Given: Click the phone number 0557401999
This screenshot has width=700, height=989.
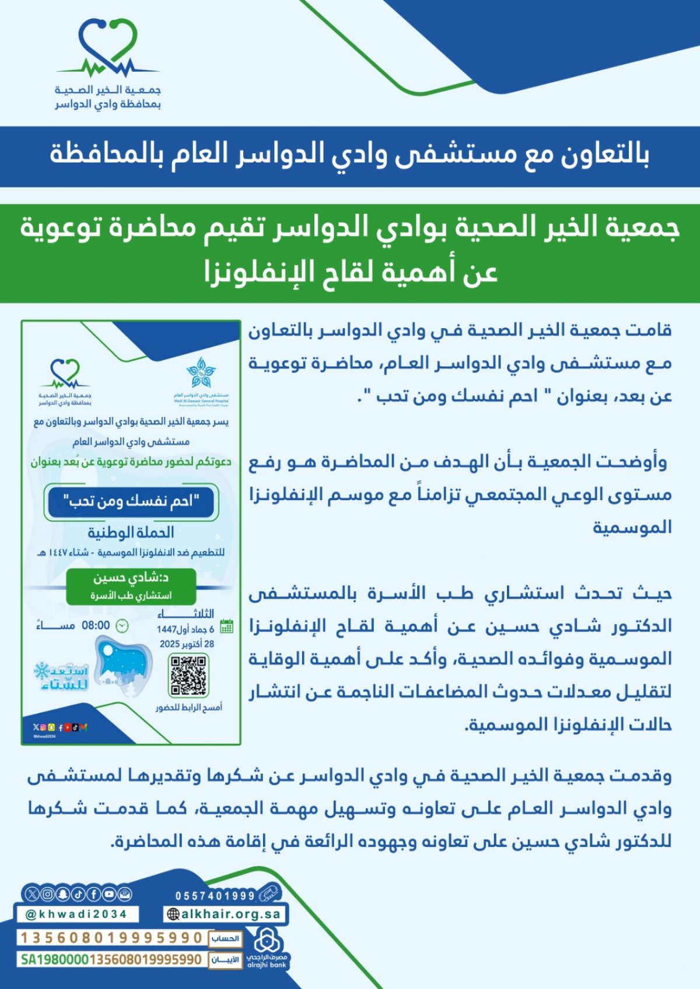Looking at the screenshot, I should pos(215,896).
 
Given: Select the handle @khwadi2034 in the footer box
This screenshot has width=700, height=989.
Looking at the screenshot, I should pos(76,914).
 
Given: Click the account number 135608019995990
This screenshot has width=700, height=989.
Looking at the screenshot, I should pos(111,938).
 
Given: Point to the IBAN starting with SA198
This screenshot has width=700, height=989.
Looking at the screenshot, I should pos(111,959).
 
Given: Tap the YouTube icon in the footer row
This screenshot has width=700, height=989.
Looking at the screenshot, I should pos(109,893).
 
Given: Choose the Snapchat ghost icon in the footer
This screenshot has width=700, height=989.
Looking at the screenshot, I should pos(63,893).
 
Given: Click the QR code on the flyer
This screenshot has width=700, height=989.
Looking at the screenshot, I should pos(188,675).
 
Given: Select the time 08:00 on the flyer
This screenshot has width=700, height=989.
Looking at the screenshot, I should pos(96,625).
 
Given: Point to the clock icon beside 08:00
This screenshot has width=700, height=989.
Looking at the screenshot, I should pos(122,626).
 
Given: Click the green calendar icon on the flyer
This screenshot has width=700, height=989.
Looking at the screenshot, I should pos(226,627).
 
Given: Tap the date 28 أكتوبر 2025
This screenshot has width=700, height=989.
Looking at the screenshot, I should pos(187,644).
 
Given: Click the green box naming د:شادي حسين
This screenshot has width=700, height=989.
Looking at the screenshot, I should pos(131,585).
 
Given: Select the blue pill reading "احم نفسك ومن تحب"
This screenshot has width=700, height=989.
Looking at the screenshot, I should pos(131,501).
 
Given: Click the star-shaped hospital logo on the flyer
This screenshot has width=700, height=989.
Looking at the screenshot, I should pos(201,373).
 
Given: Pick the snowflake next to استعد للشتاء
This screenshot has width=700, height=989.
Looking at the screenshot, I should pos(42,671).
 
